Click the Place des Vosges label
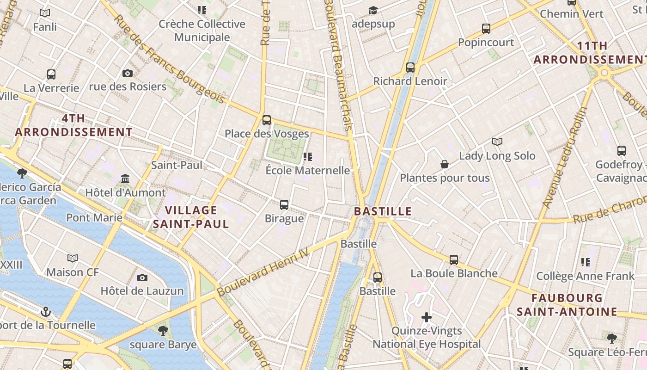coord(267,134)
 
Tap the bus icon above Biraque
coord(284,204)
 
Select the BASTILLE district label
coord(383,211)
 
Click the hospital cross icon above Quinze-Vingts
coord(427,317)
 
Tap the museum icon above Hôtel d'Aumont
coord(125,179)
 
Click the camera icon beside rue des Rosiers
coord(128,73)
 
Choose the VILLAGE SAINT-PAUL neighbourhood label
coord(191,217)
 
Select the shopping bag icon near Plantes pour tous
coord(445,164)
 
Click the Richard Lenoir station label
coord(410,81)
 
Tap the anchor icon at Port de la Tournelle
coord(45,312)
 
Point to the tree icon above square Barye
coord(163,330)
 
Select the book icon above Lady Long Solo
coord(497,142)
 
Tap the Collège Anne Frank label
coord(585,277)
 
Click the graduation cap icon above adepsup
coord(373,10)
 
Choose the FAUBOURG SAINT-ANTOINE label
coord(567,305)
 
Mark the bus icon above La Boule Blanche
coord(454,260)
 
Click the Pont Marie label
coord(94,217)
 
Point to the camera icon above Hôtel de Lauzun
coord(142,277)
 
